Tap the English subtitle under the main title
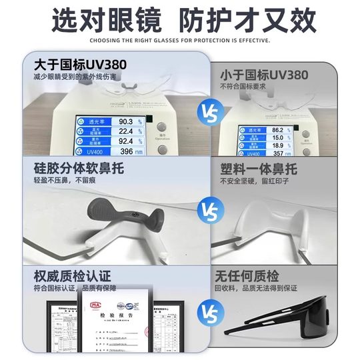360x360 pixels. (x=180, y=41)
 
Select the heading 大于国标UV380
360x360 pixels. (x=75, y=65)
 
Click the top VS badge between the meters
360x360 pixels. (x=209, y=113)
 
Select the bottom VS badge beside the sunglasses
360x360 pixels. (x=209, y=311)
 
